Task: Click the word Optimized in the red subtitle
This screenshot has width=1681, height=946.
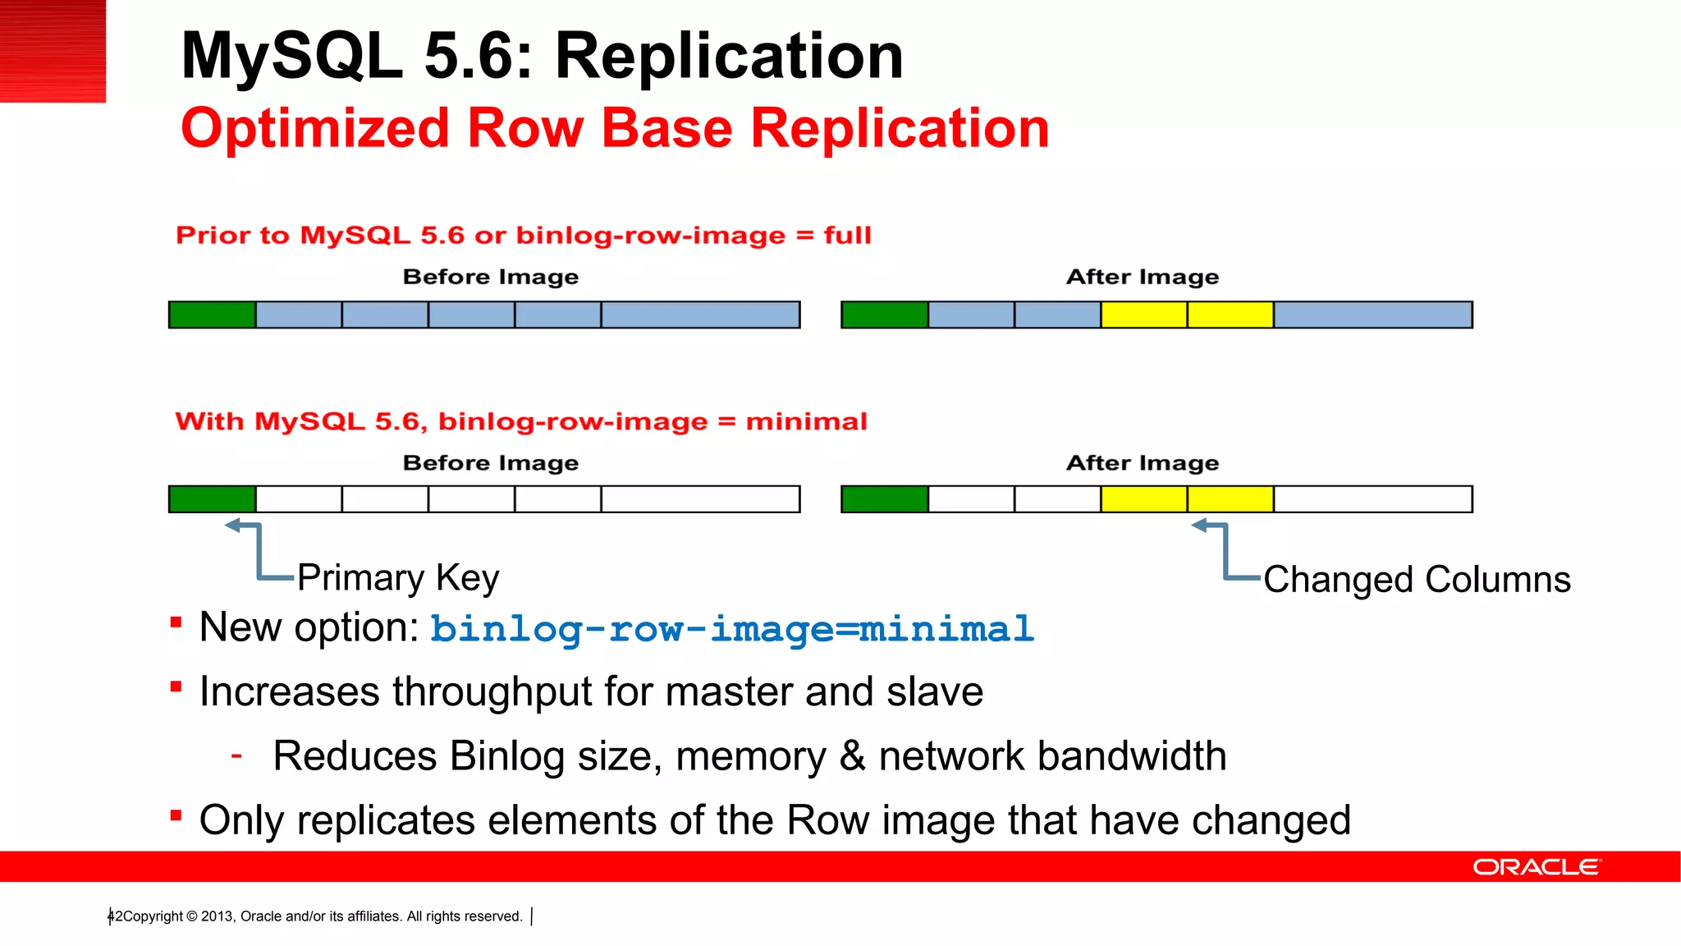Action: pos(315,129)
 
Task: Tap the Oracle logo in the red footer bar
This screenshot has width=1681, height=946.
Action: pos(1536,867)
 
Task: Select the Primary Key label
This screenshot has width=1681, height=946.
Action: pos(398,577)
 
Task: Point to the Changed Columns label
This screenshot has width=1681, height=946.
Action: pos(1417,580)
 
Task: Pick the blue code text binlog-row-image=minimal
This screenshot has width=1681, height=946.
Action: pos(731,630)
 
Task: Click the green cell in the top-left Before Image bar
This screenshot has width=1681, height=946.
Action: pos(212,315)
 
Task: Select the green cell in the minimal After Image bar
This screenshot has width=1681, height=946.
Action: pos(885,499)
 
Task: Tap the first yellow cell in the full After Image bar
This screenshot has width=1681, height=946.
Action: pos(1143,315)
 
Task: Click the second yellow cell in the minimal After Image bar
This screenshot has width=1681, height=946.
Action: pos(1230,499)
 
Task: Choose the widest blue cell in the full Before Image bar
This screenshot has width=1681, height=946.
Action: pos(700,315)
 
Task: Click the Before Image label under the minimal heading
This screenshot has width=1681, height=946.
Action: pos(491,463)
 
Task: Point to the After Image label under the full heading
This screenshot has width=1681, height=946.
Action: pos(1143,278)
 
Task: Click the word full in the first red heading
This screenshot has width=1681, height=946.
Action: pos(847,236)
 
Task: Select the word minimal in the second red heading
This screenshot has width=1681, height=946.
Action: pos(806,422)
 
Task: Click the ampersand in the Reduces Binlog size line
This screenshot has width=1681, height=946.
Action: pos(852,756)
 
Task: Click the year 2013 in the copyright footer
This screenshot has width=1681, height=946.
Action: pos(217,916)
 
